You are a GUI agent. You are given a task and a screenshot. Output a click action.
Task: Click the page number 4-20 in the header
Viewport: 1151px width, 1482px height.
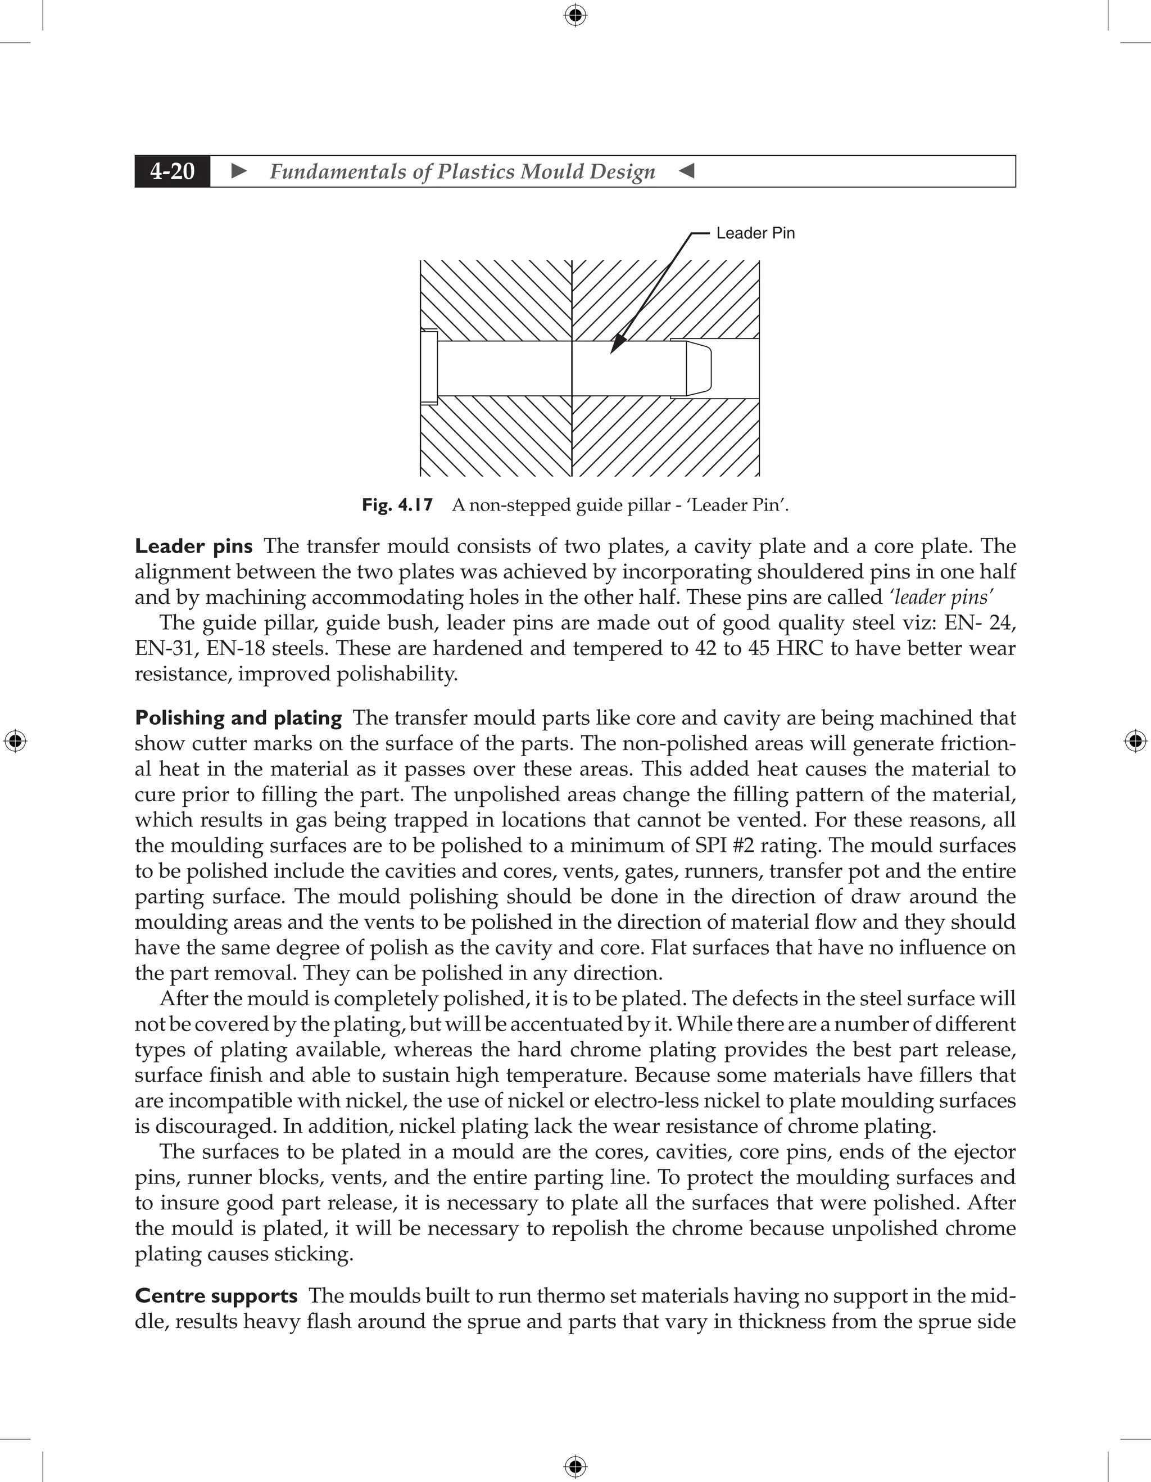pyautogui.click(x=173, y=171)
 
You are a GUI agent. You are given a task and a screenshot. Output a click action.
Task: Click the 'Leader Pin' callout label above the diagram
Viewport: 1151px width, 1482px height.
pyautogui.click(x=755, y=233)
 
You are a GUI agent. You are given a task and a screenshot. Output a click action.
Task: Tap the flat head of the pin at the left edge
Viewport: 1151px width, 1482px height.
pyautogui.click(x=429, y=367)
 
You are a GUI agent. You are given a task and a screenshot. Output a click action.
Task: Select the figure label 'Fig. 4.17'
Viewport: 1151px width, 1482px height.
pyautogui.click(x=397, y=505)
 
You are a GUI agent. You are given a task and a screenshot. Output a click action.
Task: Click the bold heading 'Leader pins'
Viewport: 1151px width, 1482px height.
pyautogui.click(x=194, y=546)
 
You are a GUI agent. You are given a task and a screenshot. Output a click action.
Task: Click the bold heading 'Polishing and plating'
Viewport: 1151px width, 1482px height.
pyautogui.click(x=238, y=718)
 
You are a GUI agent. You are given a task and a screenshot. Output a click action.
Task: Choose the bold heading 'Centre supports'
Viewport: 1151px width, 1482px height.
pyautogui.click(x=216, y=1296)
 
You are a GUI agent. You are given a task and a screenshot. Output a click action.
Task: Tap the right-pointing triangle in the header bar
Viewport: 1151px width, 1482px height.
pyautogui.click(x=239, y=171)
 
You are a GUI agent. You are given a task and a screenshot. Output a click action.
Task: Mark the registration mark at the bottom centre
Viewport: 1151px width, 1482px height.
pyautogui.click(x=575, y=1467)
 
